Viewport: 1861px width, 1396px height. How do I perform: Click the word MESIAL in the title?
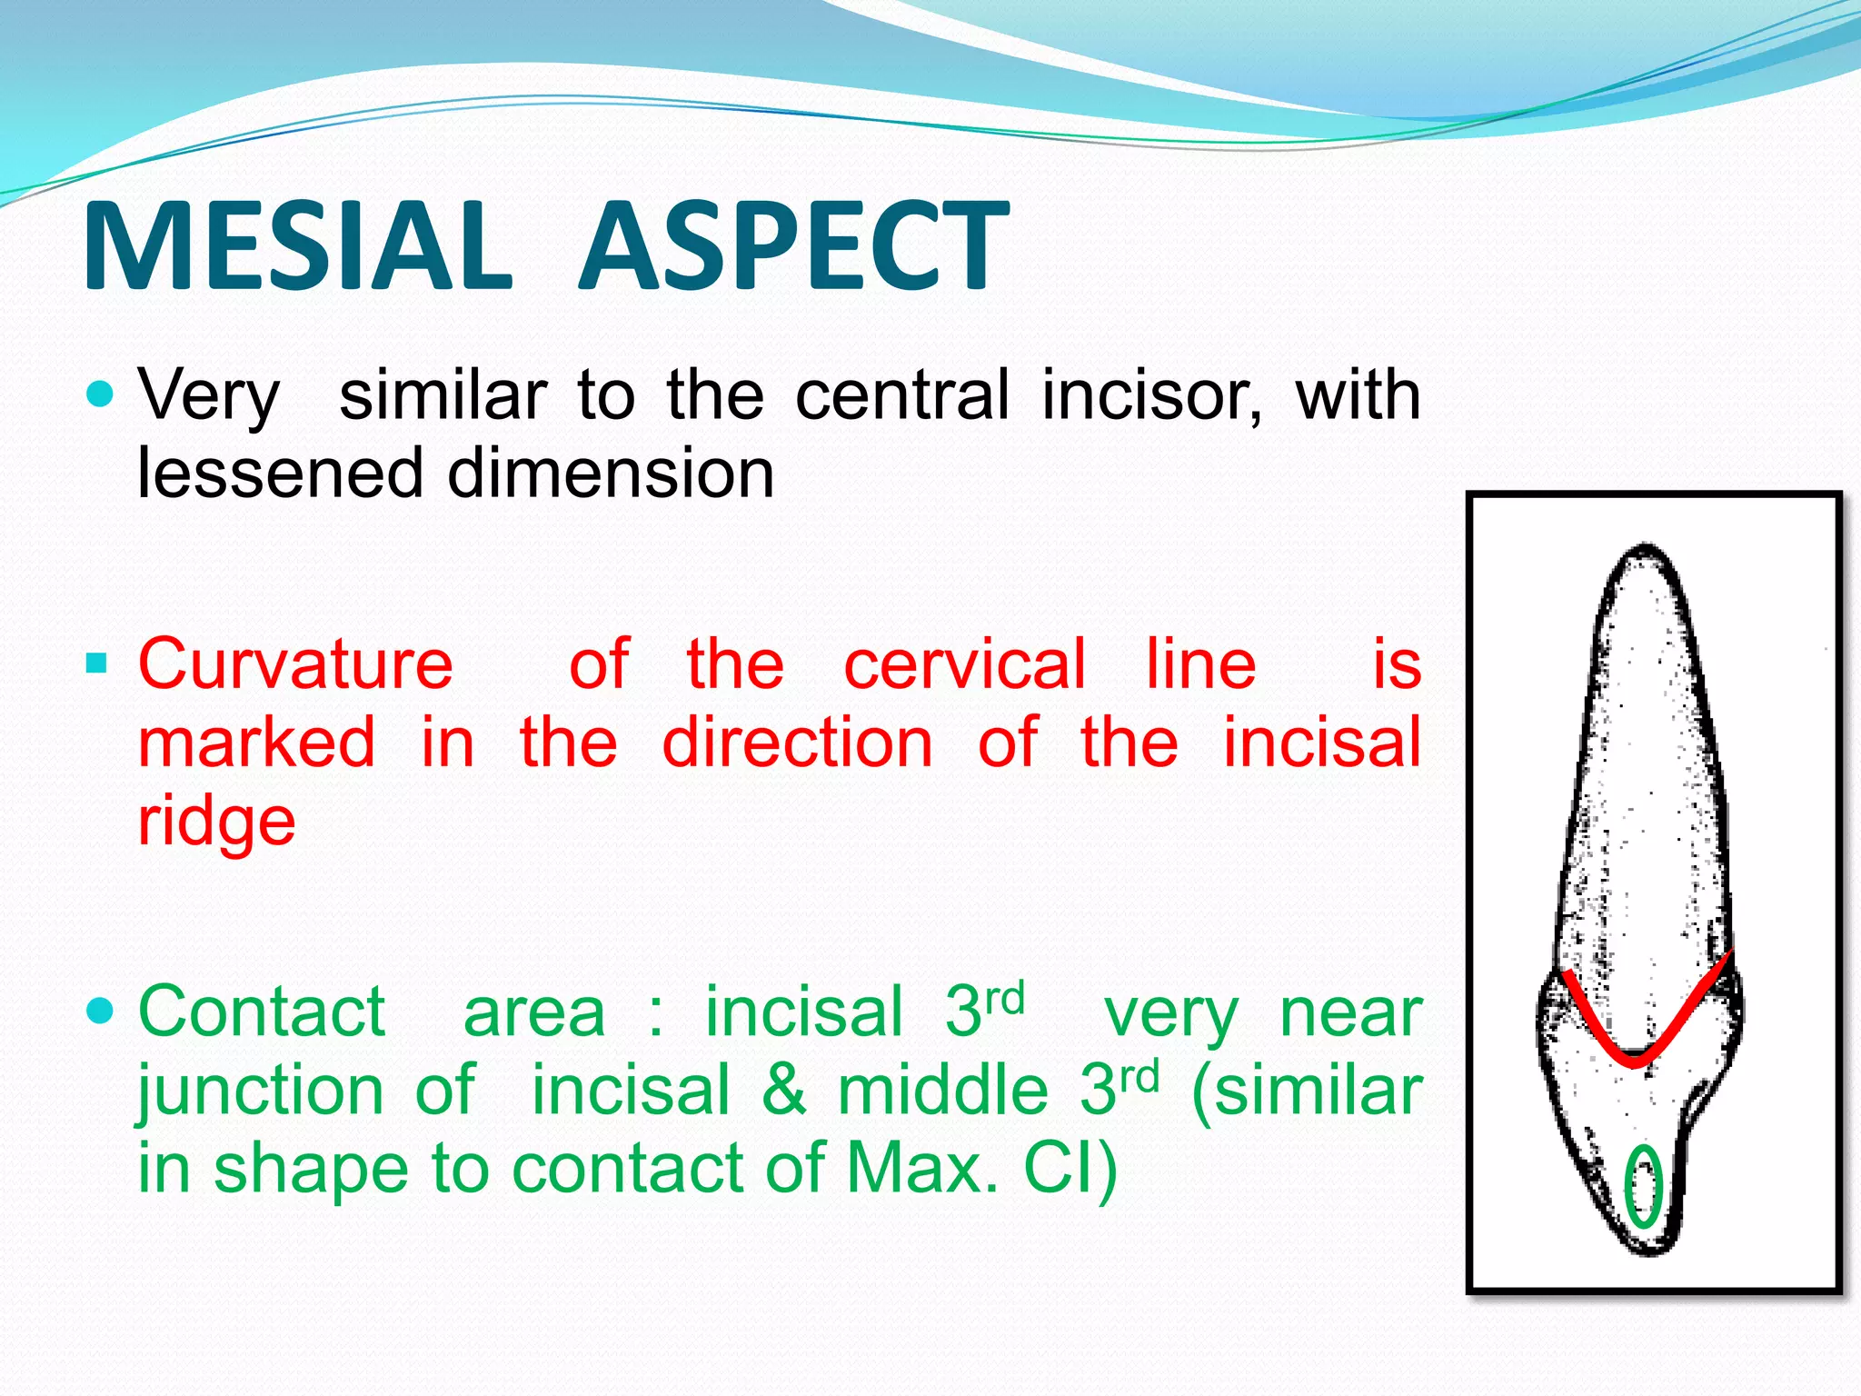point(297,247)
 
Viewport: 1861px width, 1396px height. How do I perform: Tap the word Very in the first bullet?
point(209,397)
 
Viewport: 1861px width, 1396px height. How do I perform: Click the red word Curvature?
point(295,664)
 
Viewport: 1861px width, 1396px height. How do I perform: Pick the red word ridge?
point(216,821)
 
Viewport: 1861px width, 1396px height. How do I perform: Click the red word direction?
point(797,743)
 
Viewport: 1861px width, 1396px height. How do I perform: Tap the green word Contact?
point(262,1012)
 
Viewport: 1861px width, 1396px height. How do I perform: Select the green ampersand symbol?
point(783,1090)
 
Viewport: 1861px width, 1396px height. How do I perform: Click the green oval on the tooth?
point(1643,1186)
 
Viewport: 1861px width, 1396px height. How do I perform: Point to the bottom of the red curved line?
point(1633,1061)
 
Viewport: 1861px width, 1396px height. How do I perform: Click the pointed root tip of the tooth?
point(1645,548)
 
